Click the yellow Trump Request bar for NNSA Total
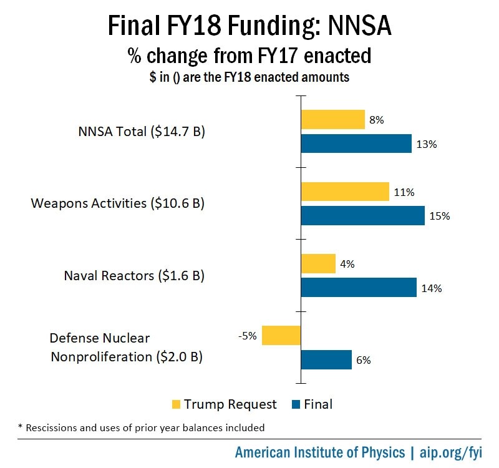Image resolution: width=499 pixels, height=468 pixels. tap(333, 119)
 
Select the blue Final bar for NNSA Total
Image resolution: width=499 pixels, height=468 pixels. tap(356, 144)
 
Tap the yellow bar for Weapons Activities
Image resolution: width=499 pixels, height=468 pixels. tap(345, 192)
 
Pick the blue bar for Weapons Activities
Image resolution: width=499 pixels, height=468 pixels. tap(362, 215)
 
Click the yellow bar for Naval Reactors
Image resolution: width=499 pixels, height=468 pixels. tap(318, 263)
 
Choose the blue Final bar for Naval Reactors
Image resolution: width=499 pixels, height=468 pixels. tap(359, 288)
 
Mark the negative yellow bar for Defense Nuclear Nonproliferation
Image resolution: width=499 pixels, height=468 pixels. tap(281, 335)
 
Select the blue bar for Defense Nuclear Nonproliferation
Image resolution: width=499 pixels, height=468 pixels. tap(326, 359)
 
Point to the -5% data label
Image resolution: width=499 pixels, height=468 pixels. tap(247, 336)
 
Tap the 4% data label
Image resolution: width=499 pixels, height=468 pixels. tap(347, 264)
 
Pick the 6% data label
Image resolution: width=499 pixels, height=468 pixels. tap(364, 360)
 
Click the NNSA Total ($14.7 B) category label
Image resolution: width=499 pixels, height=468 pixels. tap(142, 132)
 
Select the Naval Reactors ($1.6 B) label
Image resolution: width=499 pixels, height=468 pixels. tap(134, 275)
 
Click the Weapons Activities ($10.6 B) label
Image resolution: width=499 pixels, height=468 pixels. tap(118, 203)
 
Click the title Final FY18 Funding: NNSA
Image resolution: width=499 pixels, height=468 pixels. tap(249, 26)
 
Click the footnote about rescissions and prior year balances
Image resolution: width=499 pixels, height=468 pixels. tap(138, 428)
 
